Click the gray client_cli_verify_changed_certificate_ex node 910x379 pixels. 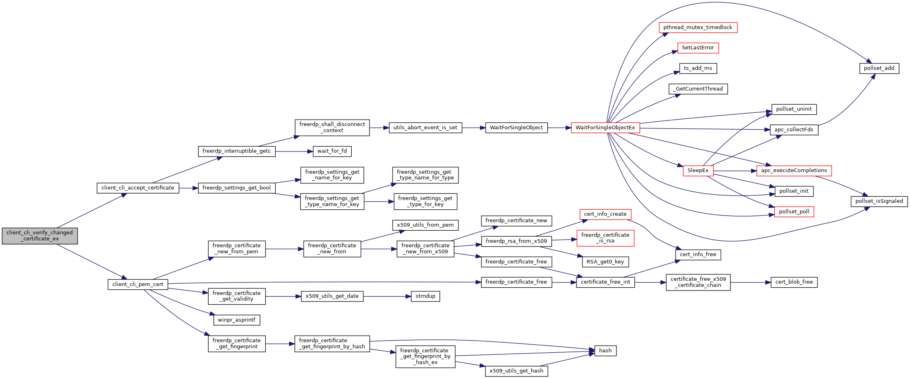coord(40,236)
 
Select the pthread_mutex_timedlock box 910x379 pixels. coord(698,27)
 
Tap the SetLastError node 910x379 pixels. coord(698,48)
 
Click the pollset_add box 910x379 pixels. coord(879,68)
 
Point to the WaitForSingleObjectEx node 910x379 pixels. coord(605,128)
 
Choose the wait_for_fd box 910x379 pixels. coord(332,151)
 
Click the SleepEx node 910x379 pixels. coord(698,171)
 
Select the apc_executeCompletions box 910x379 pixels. coord(794,171)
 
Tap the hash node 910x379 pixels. coord(605,351)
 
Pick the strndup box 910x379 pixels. coord(425,296)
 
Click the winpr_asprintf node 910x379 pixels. coord(236,320)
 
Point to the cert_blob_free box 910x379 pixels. coord(794,282)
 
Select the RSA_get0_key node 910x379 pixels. coord(605,262)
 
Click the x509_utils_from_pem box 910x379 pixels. coord(425,225)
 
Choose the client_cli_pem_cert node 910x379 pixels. coord(138,284)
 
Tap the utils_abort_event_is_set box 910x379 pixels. coord(425,128)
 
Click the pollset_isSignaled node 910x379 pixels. coord(879,201)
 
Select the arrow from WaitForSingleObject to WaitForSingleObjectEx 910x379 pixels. coord(560,128)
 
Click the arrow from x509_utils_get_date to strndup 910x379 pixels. coord(387,297)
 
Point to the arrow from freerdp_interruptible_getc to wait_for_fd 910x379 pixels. coord(294,152)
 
